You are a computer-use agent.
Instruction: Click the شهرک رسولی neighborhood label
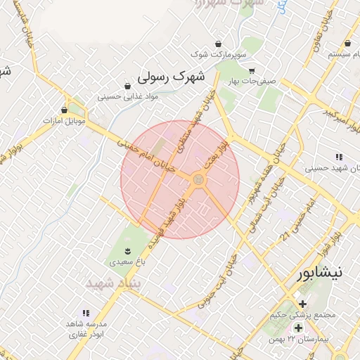(172, 75)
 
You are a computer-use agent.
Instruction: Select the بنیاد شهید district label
(114, 282)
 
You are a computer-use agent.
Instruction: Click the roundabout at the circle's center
(199, 181)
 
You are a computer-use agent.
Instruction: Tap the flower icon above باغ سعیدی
(127, 250)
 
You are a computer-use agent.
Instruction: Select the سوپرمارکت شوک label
(218, 54)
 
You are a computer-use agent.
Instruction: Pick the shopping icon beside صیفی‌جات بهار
(252, 70)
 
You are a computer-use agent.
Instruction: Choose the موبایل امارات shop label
(64, 121)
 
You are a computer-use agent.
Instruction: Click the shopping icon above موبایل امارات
(64, 110)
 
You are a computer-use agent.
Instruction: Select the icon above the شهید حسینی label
(339, 157)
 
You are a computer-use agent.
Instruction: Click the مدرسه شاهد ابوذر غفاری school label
(86, 329)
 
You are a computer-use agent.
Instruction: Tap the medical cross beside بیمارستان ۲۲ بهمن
(298, 328)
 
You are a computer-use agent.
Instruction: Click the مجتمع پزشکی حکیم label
(302, 315)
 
